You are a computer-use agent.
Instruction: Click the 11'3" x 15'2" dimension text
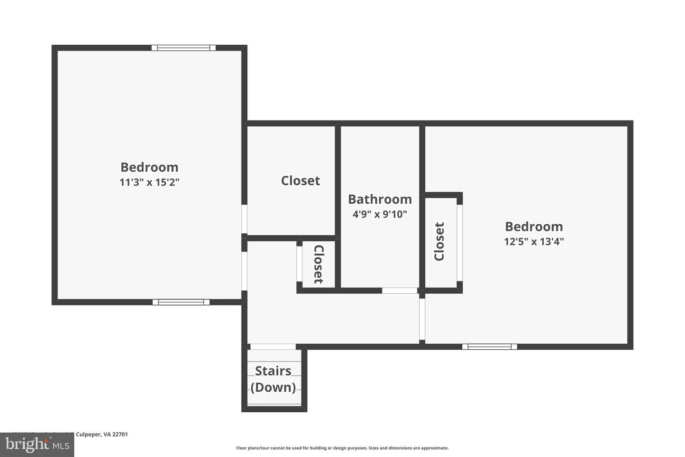pos(149,182)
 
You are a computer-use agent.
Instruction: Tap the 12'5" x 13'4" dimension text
pos(534,241)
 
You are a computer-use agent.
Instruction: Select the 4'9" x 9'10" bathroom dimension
pos(380,214)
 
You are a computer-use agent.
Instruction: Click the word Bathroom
pos(380,199)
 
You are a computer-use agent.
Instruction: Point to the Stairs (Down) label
pos(273,379)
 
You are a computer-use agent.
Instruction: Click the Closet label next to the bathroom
pos(300,181)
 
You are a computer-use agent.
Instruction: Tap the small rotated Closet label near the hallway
pos(318,264)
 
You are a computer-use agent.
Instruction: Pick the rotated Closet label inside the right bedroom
pos(439,241)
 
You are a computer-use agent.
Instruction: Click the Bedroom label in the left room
pos(149,167)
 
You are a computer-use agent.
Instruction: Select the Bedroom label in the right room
pos(534,227)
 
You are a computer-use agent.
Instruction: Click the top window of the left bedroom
pos(184,48)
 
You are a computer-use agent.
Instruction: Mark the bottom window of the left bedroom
pos(181,302)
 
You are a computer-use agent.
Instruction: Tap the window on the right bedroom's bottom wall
pos(489,347)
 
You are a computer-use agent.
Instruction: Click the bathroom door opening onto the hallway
pos(400,290)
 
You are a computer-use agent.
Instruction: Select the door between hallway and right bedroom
pos(422,319)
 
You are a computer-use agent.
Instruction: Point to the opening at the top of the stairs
pos(273,347)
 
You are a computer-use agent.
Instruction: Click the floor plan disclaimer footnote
pos(342,448)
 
